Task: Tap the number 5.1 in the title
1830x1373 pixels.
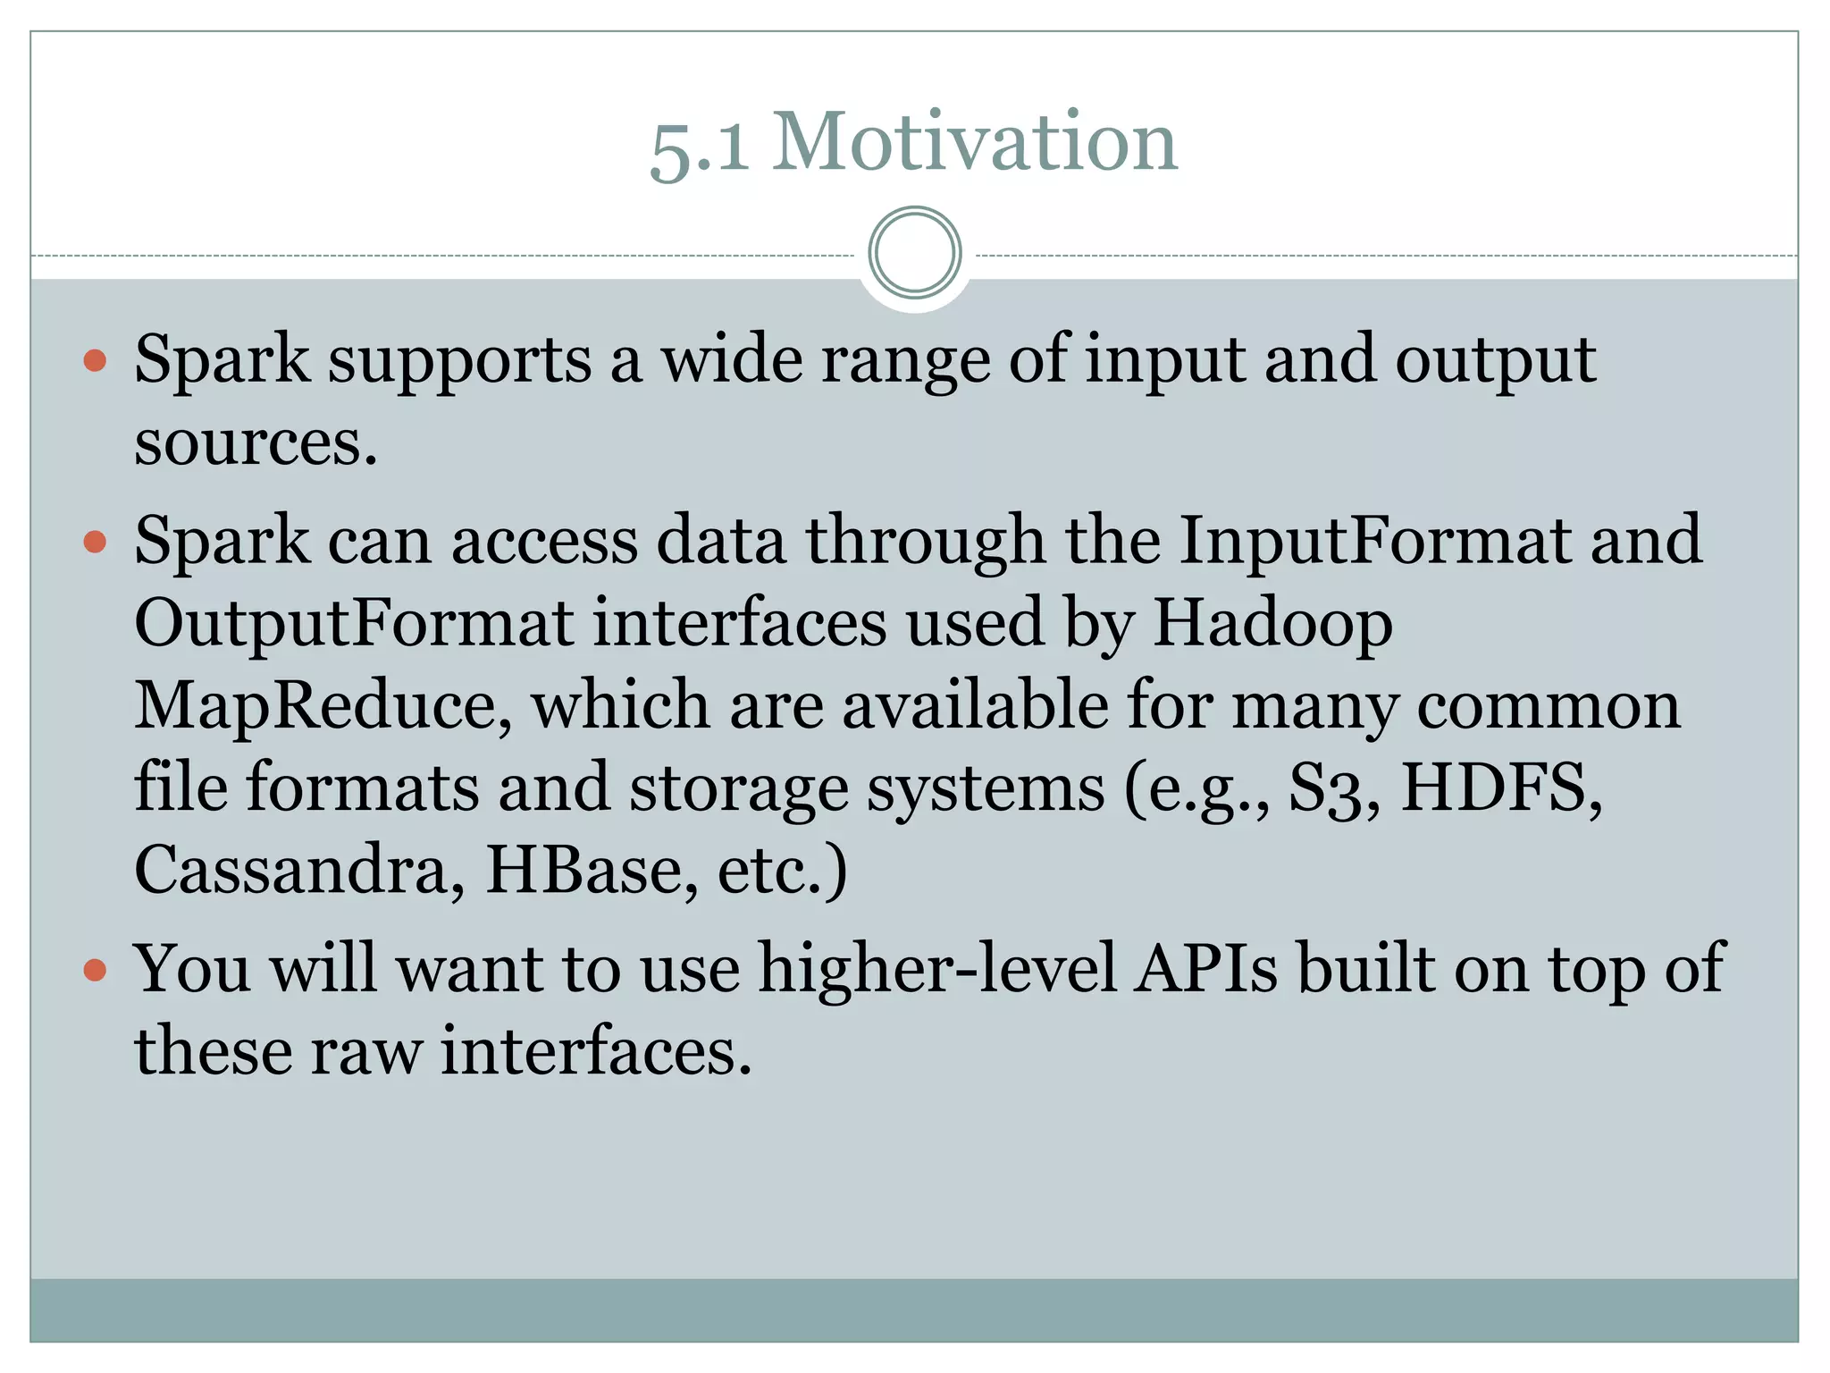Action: click(x=700, y=147)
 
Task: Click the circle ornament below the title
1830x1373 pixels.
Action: click(x=914, y=252)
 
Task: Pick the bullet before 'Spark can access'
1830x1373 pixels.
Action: click(x=95, y=542)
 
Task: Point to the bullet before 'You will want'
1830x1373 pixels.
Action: click(x=95, y=970)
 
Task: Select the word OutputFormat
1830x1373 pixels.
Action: click(x=354, y=623)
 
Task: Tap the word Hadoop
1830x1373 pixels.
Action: click(x=1272, y=623)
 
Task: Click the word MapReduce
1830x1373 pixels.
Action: click(x=323, y=705)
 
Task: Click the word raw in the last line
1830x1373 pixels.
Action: click(x=366, y=1051)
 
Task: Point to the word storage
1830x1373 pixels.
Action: click(x=738, y=788)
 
